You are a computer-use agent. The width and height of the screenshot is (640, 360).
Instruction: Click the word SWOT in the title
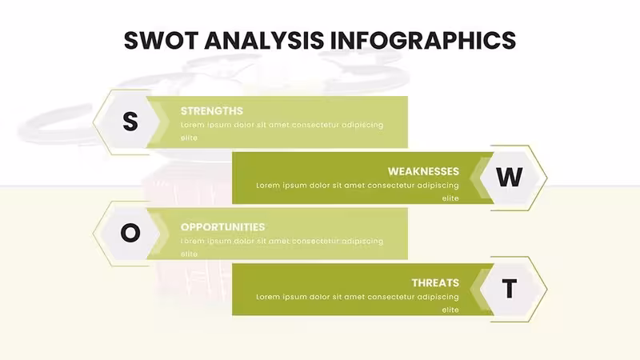(162, 40)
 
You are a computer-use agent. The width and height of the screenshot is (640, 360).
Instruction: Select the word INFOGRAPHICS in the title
(423, 40)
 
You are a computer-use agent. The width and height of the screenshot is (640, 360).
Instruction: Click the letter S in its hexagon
(130, 122)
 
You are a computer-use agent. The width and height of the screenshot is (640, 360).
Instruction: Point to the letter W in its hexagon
(509, 177)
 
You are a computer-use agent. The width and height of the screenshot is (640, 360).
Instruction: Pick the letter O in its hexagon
(130, 233)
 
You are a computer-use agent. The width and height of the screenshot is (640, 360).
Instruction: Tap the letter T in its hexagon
(509, 289)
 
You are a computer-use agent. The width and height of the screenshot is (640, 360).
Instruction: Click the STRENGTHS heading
(212, 111)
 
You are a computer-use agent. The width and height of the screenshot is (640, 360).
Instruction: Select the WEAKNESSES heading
(423, 171)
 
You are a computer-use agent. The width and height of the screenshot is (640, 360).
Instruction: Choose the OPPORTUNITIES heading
(223, 227)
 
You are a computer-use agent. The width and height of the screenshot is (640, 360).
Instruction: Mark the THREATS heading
(435, 283)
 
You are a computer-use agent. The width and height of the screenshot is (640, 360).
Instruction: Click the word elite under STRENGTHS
(189, 138)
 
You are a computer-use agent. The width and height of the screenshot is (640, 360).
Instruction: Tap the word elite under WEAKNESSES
(450, 198)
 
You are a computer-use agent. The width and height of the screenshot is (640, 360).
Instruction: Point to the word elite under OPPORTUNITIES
(189, 254)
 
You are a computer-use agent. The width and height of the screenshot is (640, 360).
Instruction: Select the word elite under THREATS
(450, 310)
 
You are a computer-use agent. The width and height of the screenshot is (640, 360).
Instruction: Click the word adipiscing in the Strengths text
(362, 126)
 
